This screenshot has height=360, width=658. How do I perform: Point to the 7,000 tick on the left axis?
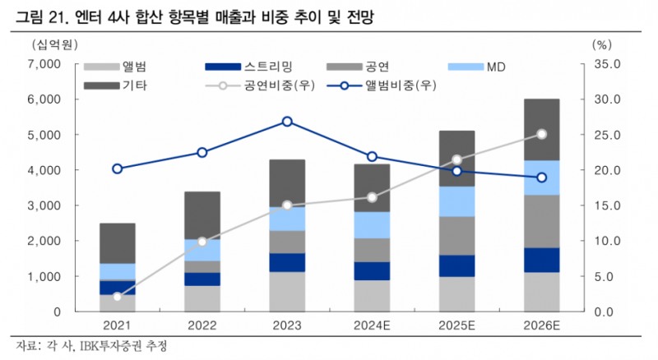click(x=44, y=63)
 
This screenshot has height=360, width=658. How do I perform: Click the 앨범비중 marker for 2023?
click(x=287, y=122)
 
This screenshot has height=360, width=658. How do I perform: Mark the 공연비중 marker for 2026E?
click(x=541, y=134)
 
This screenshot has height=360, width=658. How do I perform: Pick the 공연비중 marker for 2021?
click(x=117, y=297)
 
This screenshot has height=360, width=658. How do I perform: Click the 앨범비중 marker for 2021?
click(x=117, y=168)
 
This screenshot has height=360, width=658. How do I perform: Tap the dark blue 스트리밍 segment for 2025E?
click(x=456, y=265)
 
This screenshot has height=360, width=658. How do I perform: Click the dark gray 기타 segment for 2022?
click(x=202, y=215)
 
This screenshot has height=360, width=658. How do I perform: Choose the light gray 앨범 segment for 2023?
click(x=287, y=292)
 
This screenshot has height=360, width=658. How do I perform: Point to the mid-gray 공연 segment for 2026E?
click(x=541, y=221)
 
